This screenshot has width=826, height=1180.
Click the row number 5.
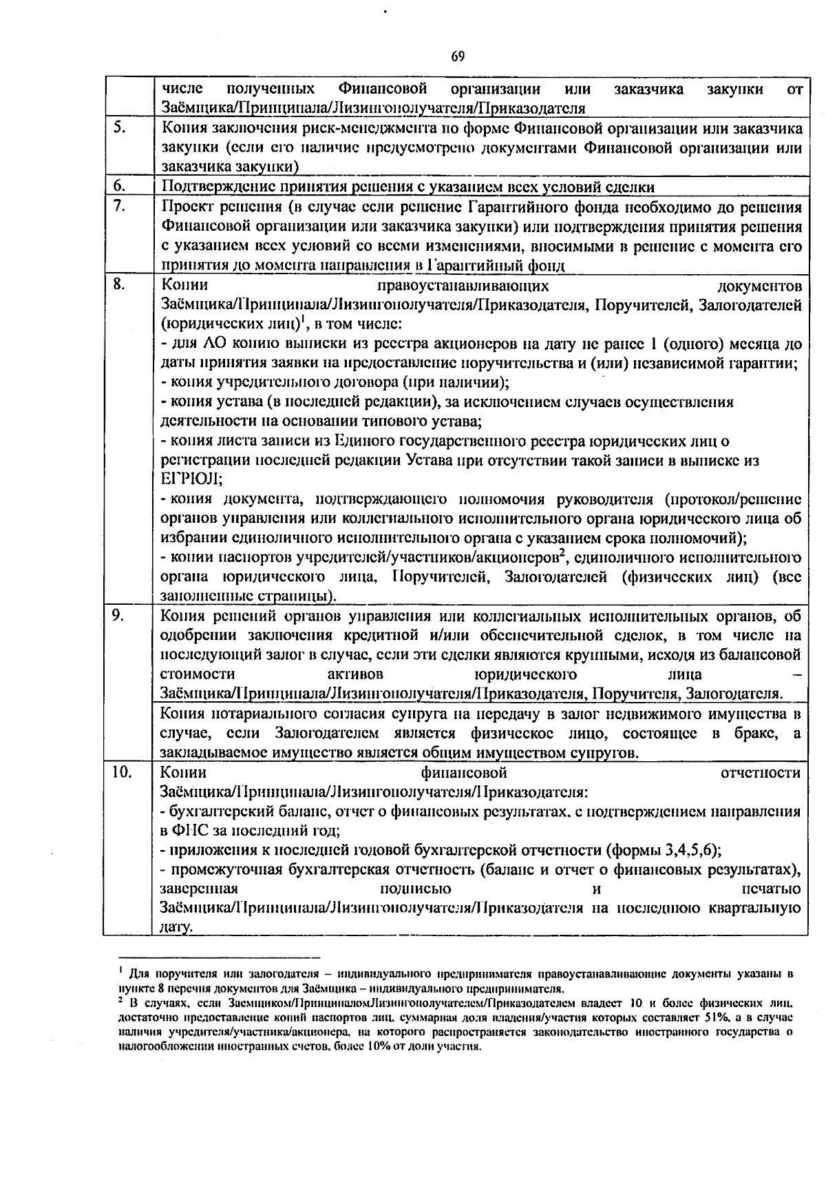(x=118, y=127)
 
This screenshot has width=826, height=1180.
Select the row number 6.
(x=118, y=186)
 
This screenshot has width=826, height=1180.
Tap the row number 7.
(x=118, y=206)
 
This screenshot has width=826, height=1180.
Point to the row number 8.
(x=118, y=284)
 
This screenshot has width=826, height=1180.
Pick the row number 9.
(x=118, y=616)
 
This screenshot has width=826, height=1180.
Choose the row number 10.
(x=121, y=772)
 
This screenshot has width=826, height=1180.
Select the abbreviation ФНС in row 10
(x=188, y=831)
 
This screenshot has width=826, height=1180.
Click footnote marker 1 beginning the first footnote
(x=121, y=971)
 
